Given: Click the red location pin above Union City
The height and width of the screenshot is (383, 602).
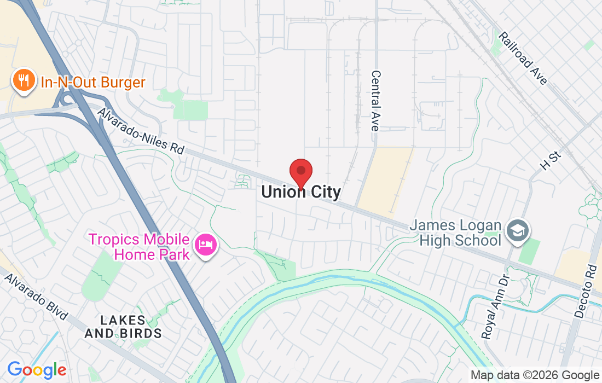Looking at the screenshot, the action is [300, 172].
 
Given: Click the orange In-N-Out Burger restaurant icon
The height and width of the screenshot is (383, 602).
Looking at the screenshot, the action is [23, 82].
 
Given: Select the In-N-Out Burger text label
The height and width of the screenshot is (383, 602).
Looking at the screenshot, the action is [93, 83].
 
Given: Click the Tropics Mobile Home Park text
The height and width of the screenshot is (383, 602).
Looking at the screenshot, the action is [139, 247].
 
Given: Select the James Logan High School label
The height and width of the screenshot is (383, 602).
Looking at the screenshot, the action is [455, 233].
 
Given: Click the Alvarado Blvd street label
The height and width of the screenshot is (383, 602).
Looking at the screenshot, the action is [36, 297].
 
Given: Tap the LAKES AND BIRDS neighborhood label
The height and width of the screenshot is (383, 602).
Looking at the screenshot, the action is [130, 327].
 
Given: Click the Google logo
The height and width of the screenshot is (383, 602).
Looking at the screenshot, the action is [36, 370].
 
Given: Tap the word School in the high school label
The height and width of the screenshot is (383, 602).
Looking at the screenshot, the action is [479, 240].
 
